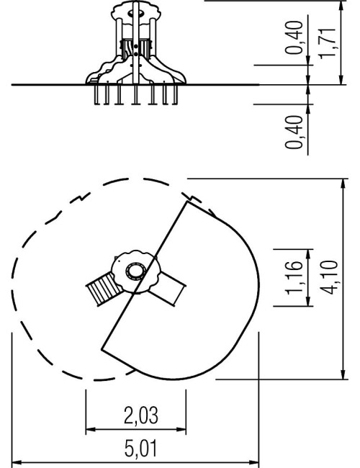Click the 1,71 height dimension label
point(327,44)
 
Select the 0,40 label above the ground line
point(294,37)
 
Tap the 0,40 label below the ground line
point(294,132)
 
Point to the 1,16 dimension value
point(294,278)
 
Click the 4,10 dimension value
point(330,277)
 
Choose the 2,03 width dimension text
point(141,415)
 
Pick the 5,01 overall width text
point(140,449)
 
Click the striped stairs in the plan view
point(104,289)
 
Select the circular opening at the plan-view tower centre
point(136,271)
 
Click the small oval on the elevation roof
point(136,13)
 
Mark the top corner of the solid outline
point(187,202)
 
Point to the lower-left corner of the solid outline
point(102,348)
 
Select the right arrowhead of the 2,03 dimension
point(181,430)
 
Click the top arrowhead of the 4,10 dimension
point(343,184)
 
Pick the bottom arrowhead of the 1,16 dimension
point(308,301)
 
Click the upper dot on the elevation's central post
point(136,47)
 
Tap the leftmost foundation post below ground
point(97,94)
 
